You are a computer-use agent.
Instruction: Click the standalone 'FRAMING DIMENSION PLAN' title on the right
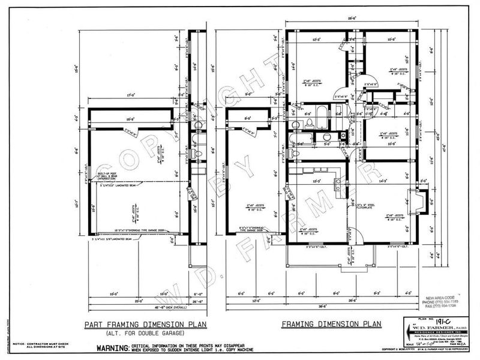click(x=331, y=325)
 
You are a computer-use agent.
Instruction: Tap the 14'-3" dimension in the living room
click(x=383, y=180)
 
